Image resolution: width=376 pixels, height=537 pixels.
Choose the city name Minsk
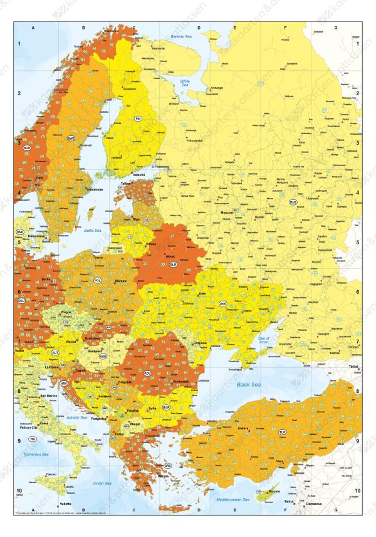(x=168, y=257)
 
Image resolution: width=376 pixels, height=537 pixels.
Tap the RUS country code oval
(x=293, y=202)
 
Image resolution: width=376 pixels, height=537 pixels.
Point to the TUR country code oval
(x=282, y=432)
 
